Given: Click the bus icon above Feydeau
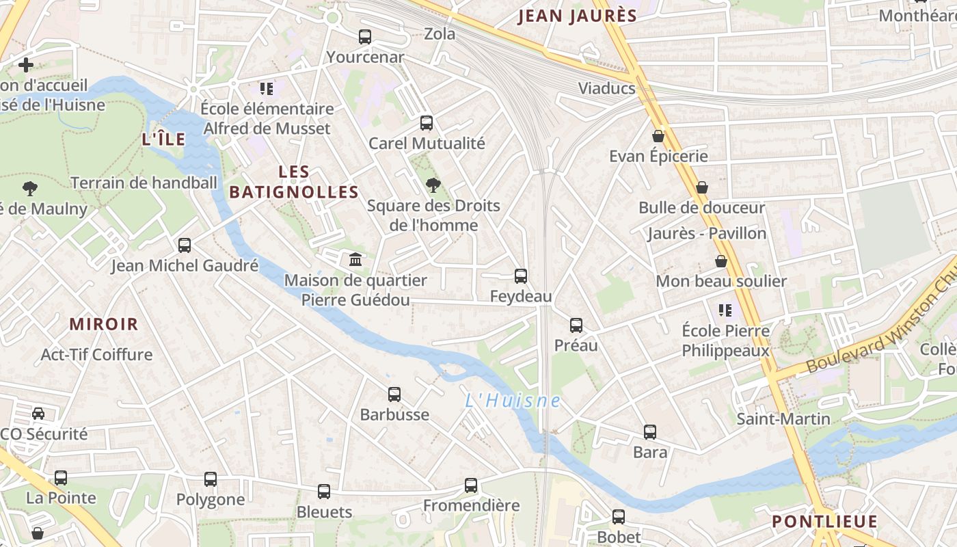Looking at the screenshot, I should [x=521, y=276].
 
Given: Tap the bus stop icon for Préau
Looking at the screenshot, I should [x=576, y=325].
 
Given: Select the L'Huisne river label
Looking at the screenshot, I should [x=513, y=401].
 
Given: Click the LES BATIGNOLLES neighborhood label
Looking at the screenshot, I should [x=294, y=182].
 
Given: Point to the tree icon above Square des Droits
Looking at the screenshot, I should [x=433, y=185].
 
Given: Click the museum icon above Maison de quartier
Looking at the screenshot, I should [x=355, y=260].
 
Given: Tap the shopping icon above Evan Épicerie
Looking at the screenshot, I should [x=658, y=136].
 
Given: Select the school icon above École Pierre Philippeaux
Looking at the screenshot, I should [x=725, y=310].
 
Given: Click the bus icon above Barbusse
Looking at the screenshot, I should [x=394, y=395].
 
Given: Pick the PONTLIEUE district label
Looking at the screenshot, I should [x=824, y=522].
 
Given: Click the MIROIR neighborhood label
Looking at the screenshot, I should [x=104, y=324].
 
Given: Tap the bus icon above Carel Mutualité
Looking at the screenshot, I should [x=427, y=123].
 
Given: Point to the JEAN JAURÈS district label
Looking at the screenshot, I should [x=578, y=16].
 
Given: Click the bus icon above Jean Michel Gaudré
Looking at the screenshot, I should [x=185, y=245].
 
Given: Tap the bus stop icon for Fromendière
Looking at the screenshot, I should [x=471, y=485].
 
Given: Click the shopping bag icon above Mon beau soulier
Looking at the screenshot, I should [x=721, y=261].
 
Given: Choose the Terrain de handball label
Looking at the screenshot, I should [x=144, y=183].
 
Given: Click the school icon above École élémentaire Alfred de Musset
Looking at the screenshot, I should [x=267, y=88].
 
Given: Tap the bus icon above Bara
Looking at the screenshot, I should [x=650, y=432].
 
